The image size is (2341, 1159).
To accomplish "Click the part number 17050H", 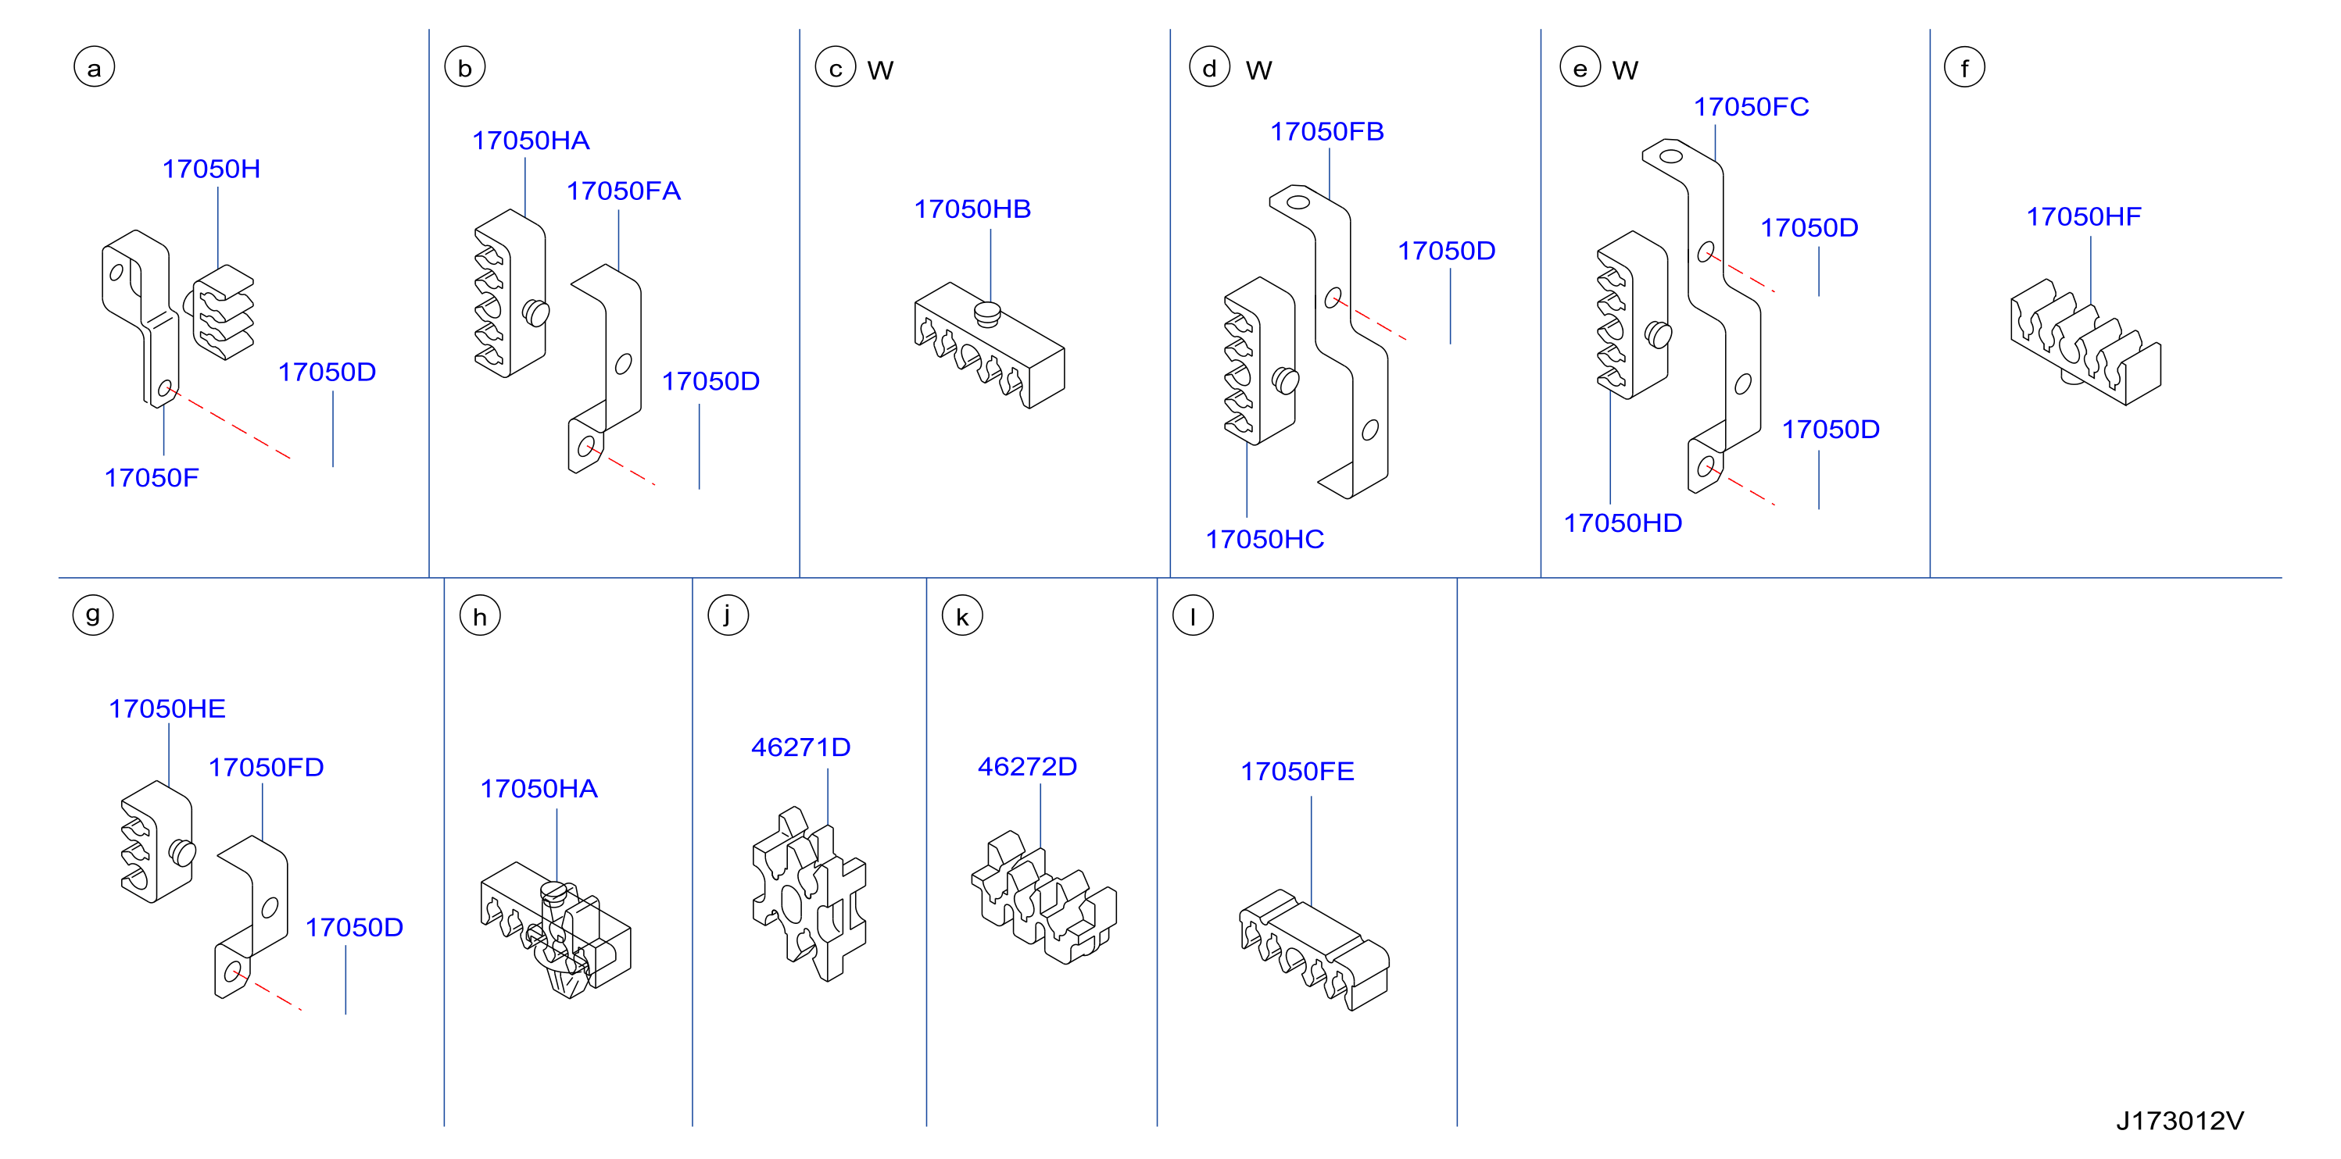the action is pyautogui.click(x=211, y=169).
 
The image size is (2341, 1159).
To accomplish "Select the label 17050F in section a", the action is pyautogui.click(x=151, y=478).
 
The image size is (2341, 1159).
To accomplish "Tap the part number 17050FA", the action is pyautogui.click(x=624, y=191).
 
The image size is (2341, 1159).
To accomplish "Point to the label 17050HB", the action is pyautogui.click(x=972, y=209).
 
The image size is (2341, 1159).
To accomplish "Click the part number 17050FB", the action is pyautogui.click(x=1326, y=132).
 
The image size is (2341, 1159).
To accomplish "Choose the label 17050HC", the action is pyautogui.click(x=1264, y=540).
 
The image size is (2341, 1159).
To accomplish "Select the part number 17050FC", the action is pyautogui.click(x=1750, y=107).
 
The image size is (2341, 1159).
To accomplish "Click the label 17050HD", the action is pyautogui.click(x=1622, y=523).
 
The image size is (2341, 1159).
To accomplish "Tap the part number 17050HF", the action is pyautogui.click(x=2083, y=217).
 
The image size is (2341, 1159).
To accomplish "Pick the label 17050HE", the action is pyautogui.click(x=167, y=708).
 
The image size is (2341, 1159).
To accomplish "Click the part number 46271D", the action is pyautogui.click(x=800, y=747).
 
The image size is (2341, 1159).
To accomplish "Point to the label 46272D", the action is pyautogui.click(x=1027, y=767).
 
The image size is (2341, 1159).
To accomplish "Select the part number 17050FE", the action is pyautogui.click(x=1297, y=771).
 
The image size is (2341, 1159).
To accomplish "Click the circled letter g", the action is pyautogui.click(x=93, y=615).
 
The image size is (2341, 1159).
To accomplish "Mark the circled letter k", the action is pyautogui.click(x=962, y=616).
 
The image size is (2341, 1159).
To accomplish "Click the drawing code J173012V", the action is pyautogui.click(x=2179, y=1121).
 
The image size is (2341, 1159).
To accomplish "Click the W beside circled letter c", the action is pyautogui.click(x=879, y=70).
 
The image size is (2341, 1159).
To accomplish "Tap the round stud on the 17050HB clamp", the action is pyautogui.click(x=987, y=314).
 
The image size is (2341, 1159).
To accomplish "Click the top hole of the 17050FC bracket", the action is pyautogui.click(x=1671, y=155).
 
